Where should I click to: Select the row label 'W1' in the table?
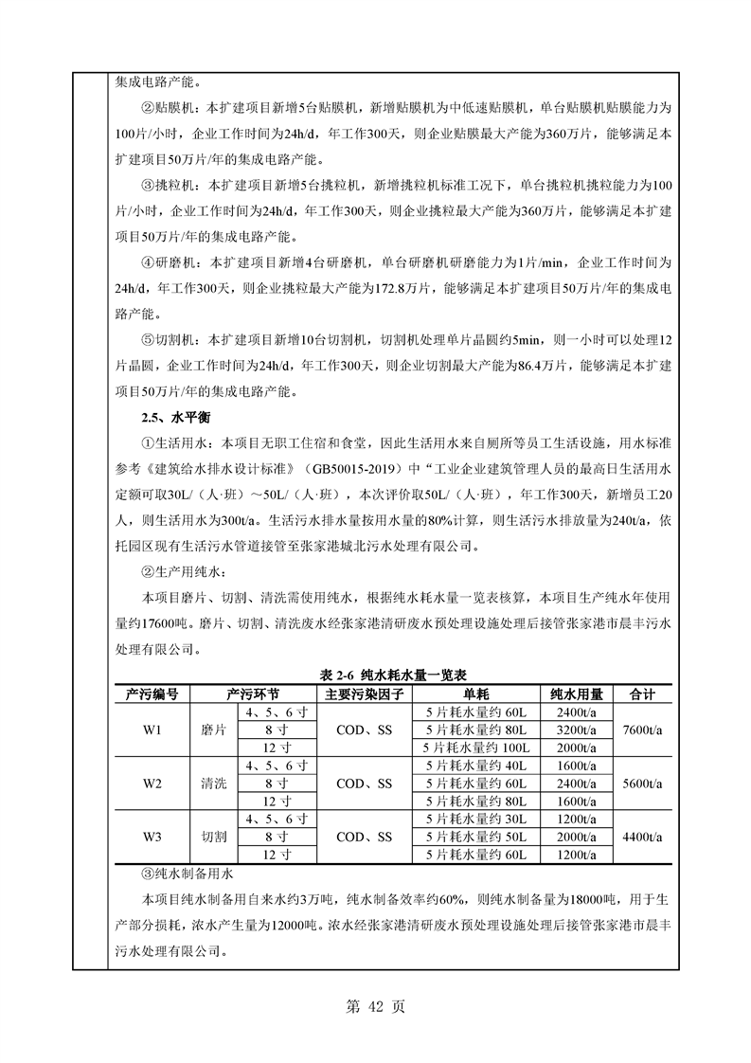coord(152,730)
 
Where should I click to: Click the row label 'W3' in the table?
coord(152,837)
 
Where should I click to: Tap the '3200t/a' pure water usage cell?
coord(576,730)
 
